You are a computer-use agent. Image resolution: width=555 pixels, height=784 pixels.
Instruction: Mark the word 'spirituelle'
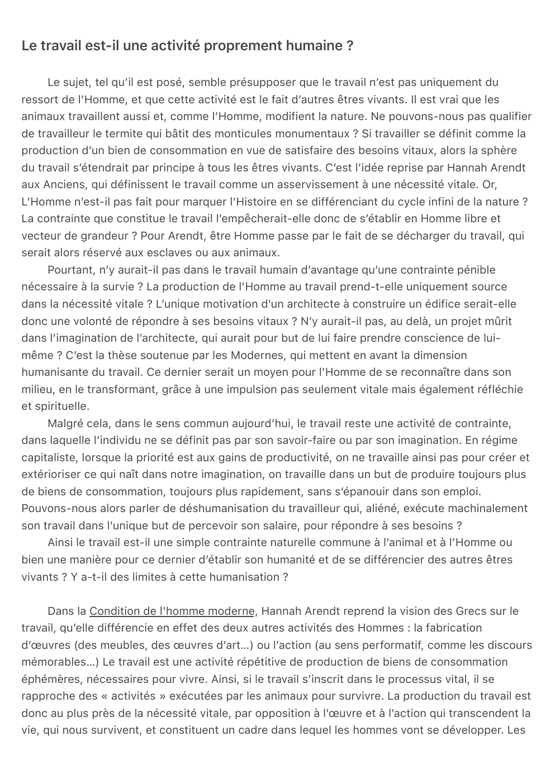(x=61, y=406)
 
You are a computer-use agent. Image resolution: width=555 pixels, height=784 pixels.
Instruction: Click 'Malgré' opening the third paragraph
(x=66, y=423)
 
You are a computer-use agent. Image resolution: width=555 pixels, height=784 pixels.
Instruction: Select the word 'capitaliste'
(x=48, y=457)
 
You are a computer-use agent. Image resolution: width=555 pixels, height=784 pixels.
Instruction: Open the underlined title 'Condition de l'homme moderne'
(x=172, y=611)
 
